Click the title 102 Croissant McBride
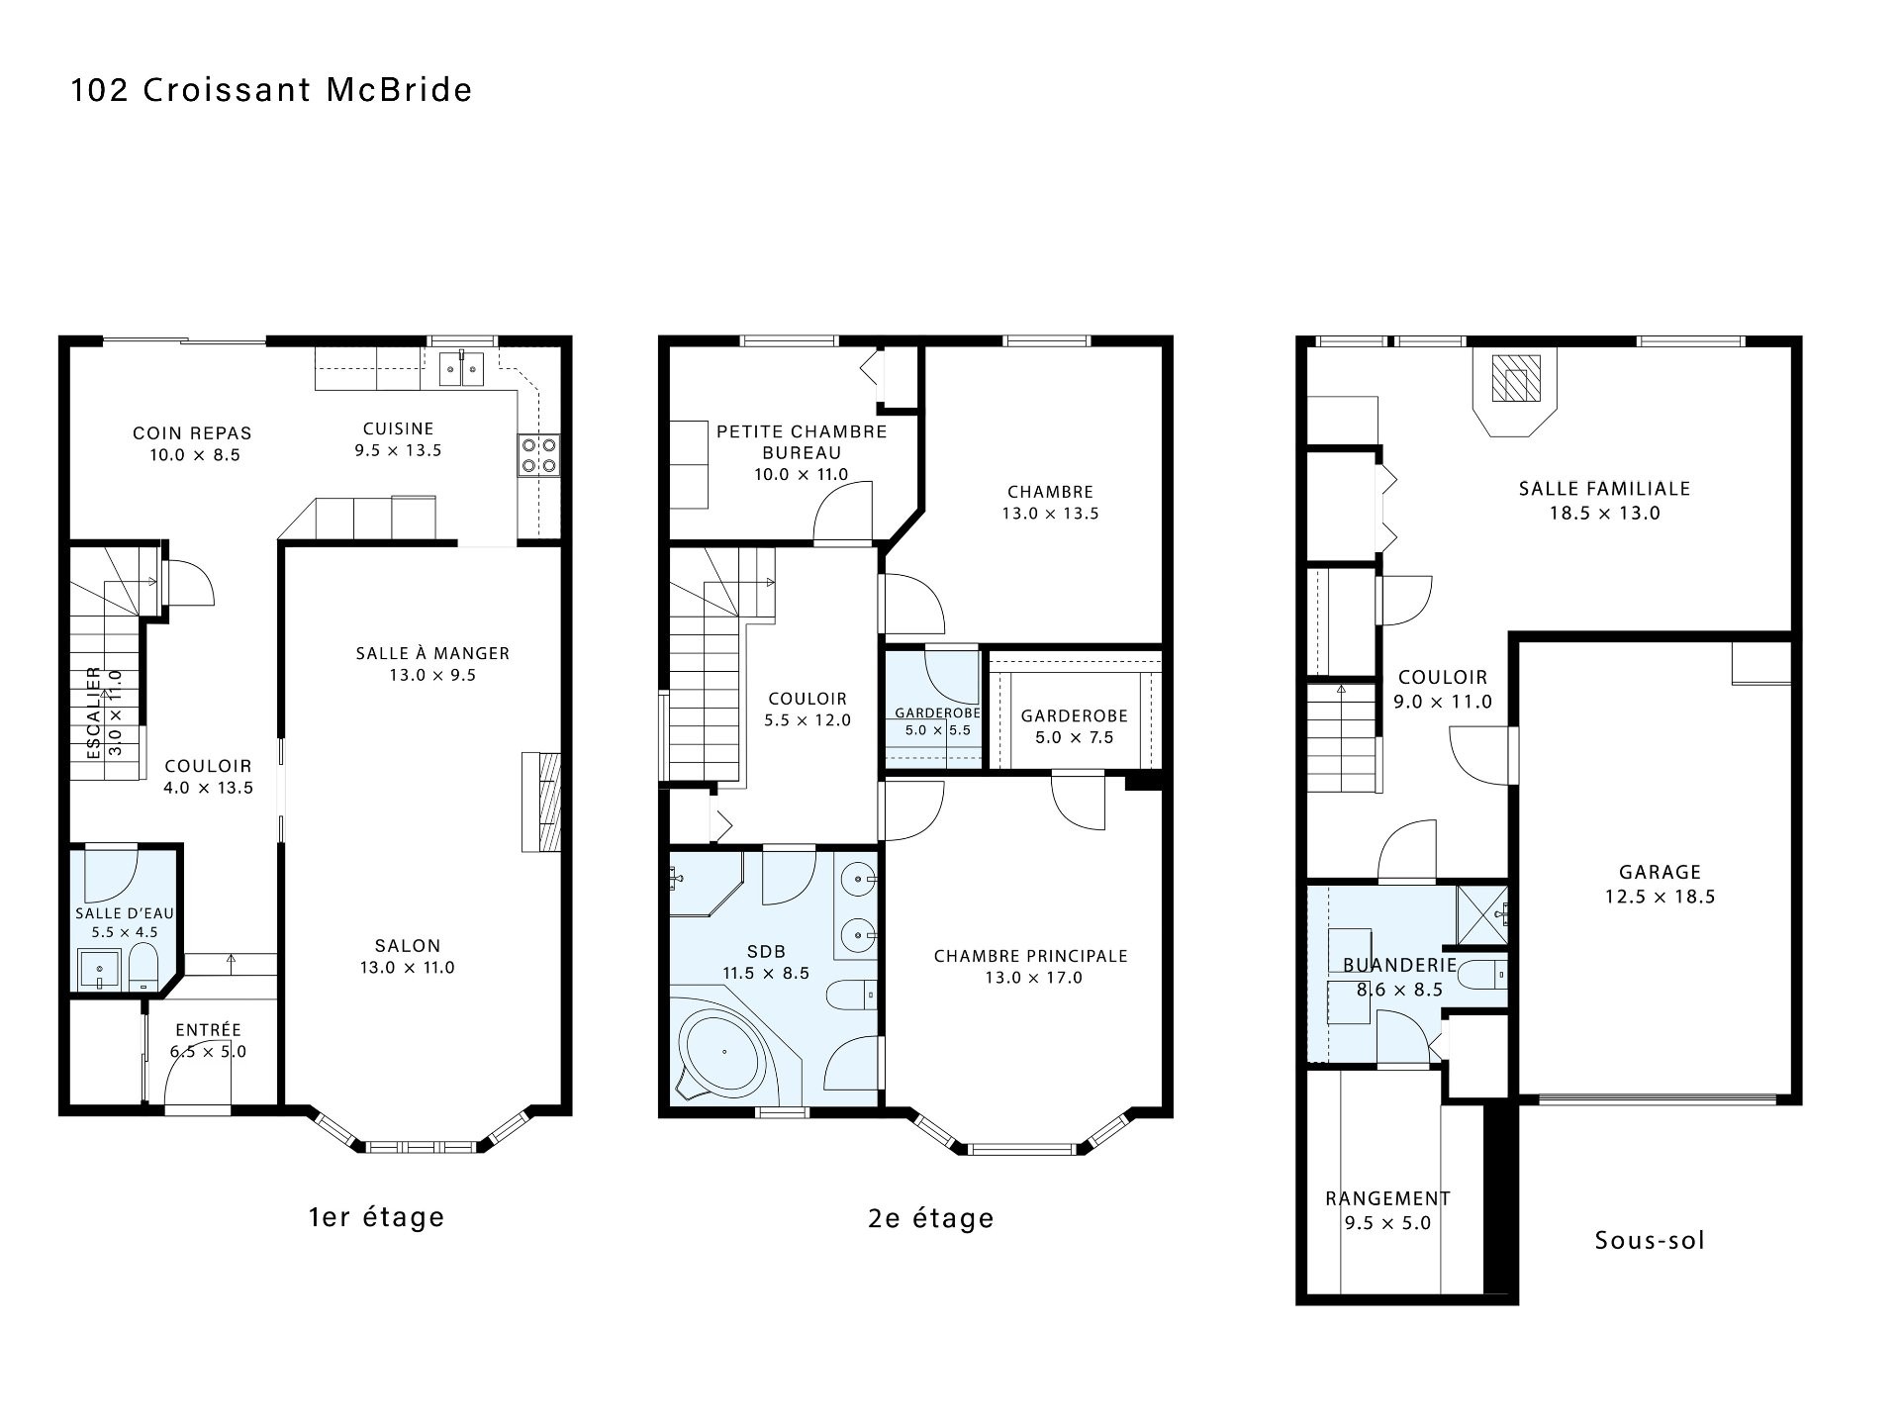click(271, 90)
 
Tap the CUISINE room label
click(398, 428)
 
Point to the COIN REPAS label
click(192, 433)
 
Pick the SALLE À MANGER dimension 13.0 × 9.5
click(432, 675)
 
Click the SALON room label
click(408, 945)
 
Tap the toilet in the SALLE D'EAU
click(143, 966)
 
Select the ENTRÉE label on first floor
click(208, 1030)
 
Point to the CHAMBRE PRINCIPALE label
click(1031, 956)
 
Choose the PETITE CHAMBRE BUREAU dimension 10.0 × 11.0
click(802, 474)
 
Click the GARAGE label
click(1660, 872)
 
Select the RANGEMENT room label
click(1387, 1198)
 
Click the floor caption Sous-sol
click(1650, 1240)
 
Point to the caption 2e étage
click(931, 1217)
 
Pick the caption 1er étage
click(376, 1217)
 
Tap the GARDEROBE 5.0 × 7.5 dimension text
click(1074, 737)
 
